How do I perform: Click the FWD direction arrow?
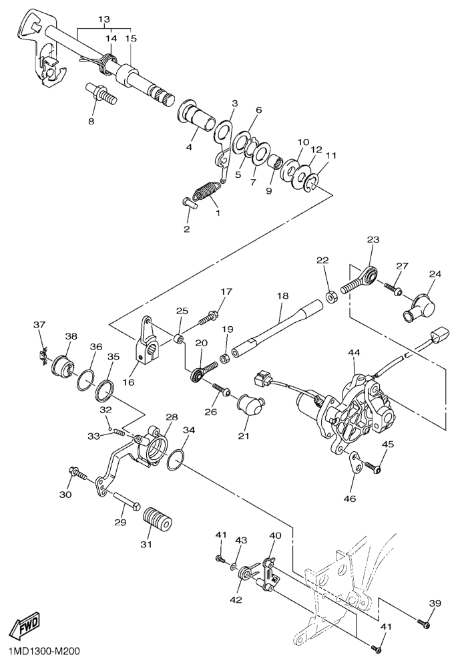click(x=24, y=627)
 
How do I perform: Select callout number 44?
click(x=354, y=352)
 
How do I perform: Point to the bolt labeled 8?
click(x=101, y=92)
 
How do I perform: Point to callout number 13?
click(x=105, y=20)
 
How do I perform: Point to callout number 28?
click(x=172, y=417)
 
